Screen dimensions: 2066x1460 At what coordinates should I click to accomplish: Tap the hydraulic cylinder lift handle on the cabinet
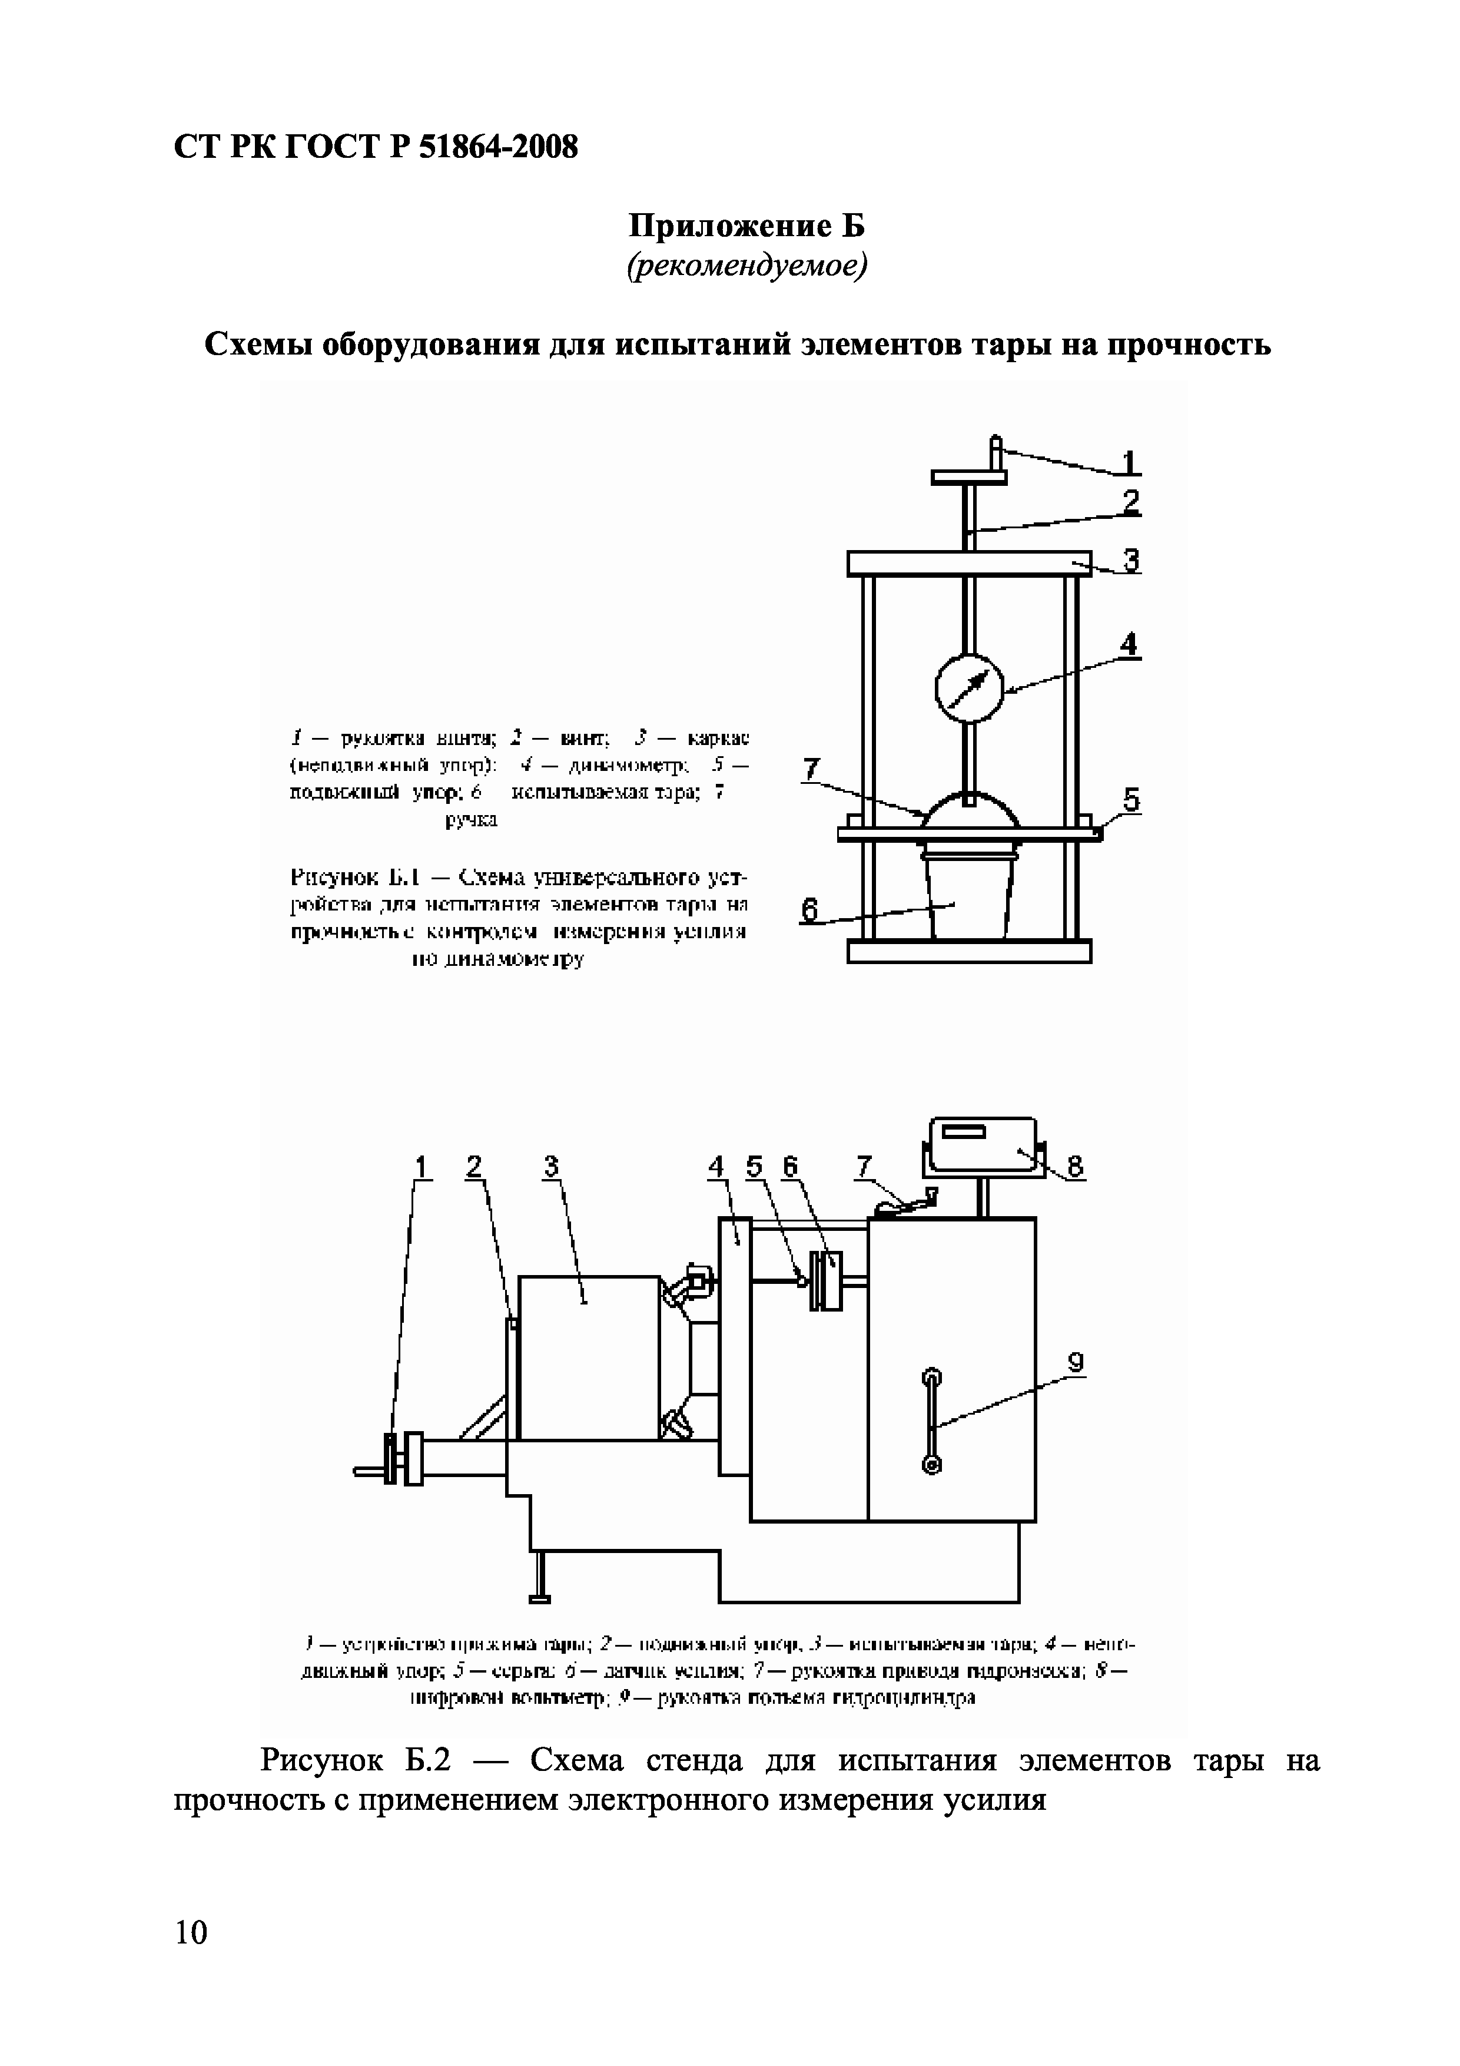931,1421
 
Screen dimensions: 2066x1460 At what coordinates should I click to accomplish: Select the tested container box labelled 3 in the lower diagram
589,1357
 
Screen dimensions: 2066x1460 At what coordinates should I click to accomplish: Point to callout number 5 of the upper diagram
1131,799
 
